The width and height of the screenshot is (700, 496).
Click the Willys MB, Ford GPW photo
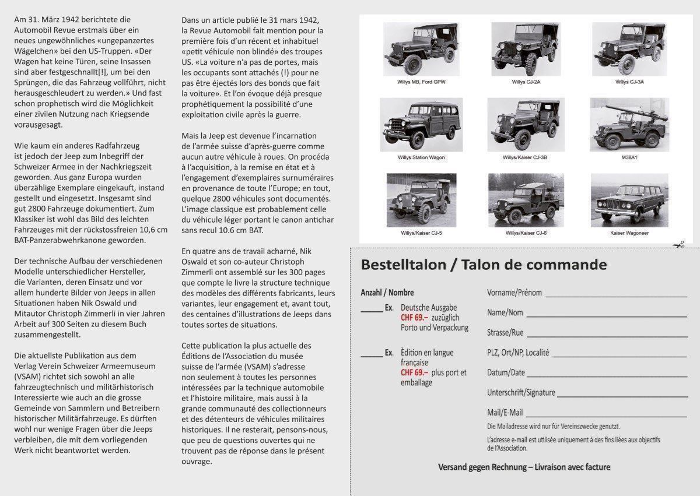coord(420,50)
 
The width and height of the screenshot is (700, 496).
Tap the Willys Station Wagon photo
coord(421,124)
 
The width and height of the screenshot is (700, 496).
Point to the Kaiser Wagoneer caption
coord(629,233)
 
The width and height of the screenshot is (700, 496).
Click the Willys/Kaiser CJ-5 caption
coord(421,233)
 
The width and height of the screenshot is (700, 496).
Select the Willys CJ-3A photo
coord(629,50)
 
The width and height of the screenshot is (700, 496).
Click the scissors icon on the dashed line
coord(678,245)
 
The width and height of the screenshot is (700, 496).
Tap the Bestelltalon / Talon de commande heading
coord(484,265)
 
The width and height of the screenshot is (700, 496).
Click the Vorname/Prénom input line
coord(615,296)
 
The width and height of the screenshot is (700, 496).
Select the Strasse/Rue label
coord(505,333)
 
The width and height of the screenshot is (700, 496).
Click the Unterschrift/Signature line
coord(622,396)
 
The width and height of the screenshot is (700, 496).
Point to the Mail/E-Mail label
coord(505,413)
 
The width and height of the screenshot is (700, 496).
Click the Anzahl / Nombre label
coord(387,293)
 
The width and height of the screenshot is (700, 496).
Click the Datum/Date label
coord(506,372)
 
